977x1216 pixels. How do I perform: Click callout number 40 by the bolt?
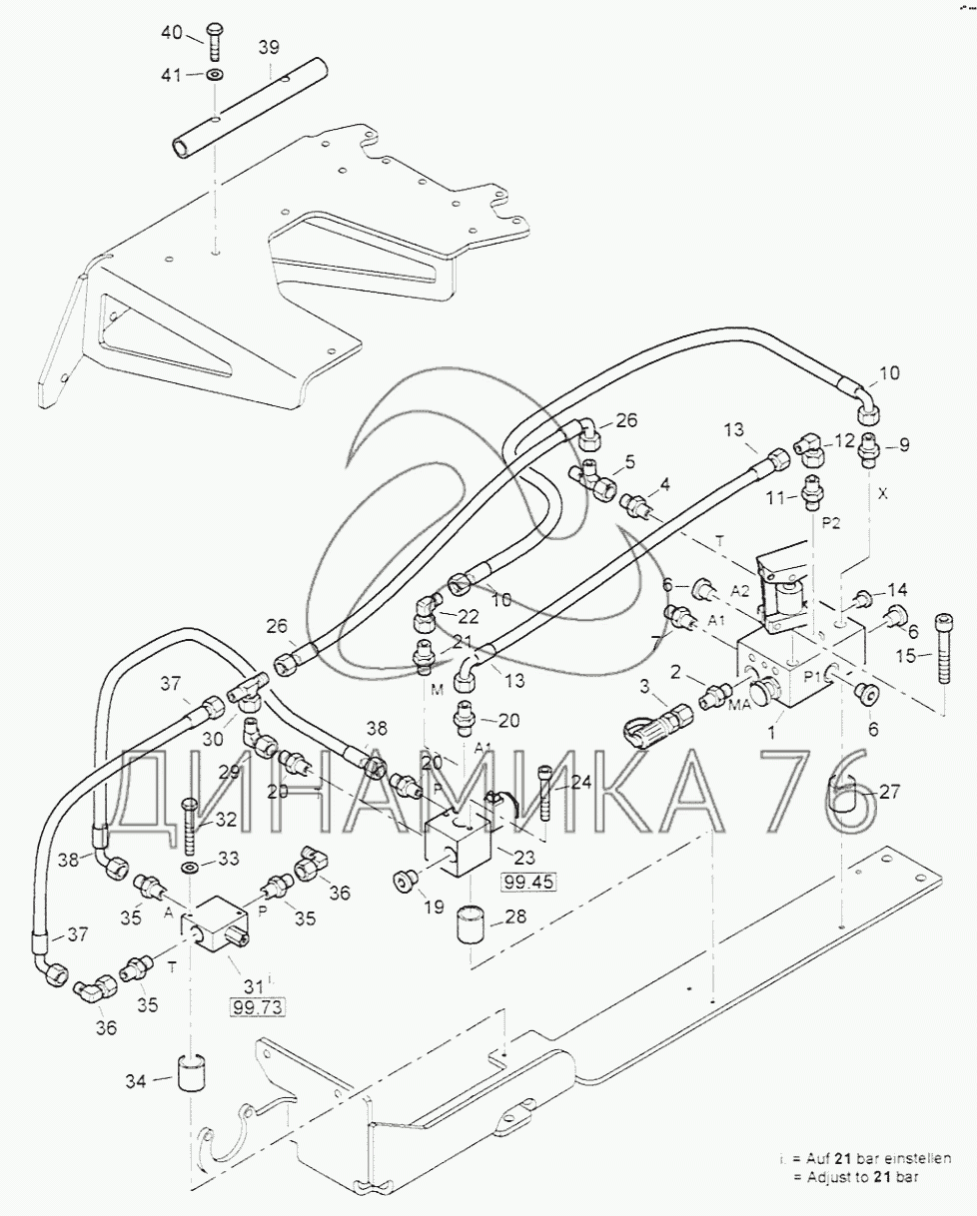tap(171, 33)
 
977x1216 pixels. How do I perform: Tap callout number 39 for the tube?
tap(241, 47)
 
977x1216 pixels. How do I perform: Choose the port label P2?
tap(832, 521)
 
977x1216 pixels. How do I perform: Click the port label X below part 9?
tap(883, 492)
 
